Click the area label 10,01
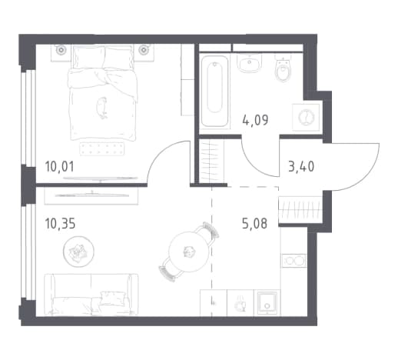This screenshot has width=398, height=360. (x=60, y=166)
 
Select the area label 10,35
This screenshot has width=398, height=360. (x=60, y=223)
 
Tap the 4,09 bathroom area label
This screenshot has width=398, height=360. (x=255, y=120)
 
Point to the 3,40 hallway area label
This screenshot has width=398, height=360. (x=301, y=166)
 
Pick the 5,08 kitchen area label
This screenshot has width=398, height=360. (x=254, y=223)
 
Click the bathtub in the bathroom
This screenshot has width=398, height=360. (x=214, y=92)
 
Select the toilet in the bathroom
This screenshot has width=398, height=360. (x=283, y=68)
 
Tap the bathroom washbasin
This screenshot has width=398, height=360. (x=250, y=63)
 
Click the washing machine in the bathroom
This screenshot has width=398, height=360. (x=306, y=117)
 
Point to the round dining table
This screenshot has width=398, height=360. (x=189, y=252)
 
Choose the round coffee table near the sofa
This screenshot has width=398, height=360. (x=78, y=251)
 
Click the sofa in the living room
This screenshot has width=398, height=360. (x=91, y=294)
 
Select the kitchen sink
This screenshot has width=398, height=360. (x=267, y=302)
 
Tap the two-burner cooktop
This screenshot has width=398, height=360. (x=294, y=261)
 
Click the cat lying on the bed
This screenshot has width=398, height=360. (x=102, y=108)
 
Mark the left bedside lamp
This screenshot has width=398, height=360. (x=61, y=50)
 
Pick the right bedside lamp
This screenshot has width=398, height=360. (x=144, y=50)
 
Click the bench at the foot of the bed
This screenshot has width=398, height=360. (x=102, y=148)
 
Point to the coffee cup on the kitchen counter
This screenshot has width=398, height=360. (x=240, y=304)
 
